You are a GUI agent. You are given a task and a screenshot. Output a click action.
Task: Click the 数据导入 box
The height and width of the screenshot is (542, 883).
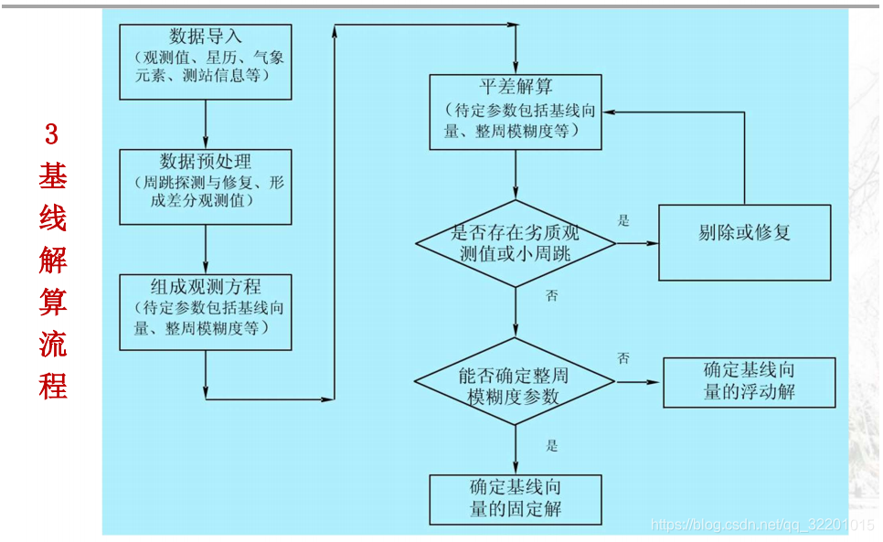[206, 61]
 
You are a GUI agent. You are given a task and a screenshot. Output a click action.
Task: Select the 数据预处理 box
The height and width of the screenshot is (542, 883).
[206, 186]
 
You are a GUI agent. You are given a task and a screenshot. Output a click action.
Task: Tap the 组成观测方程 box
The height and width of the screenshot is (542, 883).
[206, 311]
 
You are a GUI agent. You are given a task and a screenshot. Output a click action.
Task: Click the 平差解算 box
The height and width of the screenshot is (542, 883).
[516, 112]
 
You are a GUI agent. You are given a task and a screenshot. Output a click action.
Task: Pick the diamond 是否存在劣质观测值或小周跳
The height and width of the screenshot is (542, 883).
[516, 243]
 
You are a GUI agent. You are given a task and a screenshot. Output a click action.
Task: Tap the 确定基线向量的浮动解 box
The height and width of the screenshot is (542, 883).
[749, 382]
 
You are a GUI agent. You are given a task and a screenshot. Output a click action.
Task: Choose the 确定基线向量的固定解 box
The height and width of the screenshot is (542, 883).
[516, 499]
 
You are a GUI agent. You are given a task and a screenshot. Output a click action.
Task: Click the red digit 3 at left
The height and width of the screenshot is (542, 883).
[52, 135]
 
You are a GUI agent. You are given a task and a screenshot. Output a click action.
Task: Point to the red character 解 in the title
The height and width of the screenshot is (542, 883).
[52, 260]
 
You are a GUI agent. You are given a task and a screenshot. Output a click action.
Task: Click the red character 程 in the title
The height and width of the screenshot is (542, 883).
[52, 386]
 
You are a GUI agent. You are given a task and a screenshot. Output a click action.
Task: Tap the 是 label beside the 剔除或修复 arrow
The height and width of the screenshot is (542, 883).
[624, 220]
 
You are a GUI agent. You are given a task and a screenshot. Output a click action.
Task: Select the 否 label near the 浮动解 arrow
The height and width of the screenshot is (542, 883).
[623, 357]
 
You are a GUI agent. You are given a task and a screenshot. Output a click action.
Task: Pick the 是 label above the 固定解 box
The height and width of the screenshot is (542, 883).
[552, 446]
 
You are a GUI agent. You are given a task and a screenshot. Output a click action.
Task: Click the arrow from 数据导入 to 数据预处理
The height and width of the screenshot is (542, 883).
[206, 124]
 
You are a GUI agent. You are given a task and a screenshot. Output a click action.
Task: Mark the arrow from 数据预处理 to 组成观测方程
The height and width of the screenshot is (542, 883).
[206, 249]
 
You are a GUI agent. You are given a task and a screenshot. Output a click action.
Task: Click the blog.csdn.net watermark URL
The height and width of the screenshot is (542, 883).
[761, 524]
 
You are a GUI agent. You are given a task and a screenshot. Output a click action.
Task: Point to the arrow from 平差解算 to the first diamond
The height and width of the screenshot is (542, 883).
[516, 175]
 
